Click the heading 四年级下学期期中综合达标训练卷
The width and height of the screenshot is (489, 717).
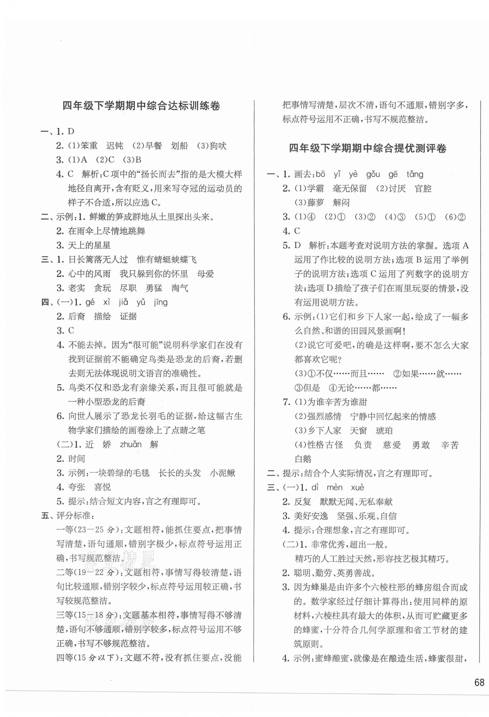141,106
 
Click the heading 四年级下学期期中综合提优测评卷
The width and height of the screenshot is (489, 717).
368,149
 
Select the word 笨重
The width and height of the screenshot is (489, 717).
89,146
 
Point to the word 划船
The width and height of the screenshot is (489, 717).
179,146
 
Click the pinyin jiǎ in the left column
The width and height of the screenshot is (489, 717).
124,302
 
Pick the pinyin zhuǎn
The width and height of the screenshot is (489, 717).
131,445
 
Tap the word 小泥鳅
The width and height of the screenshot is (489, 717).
222,473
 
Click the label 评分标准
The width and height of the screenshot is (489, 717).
74,516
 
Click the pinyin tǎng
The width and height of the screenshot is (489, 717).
415,175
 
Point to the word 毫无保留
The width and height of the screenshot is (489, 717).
350,188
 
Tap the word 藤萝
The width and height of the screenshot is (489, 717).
315,203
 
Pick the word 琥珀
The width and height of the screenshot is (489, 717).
384,431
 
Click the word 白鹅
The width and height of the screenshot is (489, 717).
303,459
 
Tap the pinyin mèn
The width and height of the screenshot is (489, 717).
334,488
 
